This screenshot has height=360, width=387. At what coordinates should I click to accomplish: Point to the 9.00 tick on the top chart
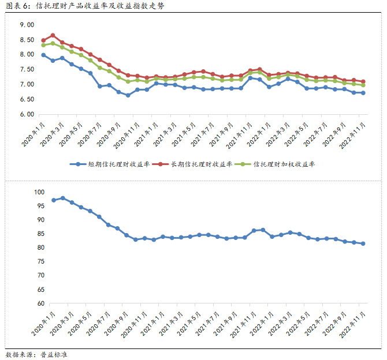click(27, 25)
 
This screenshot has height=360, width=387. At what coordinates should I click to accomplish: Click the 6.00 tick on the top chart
click(27, 114)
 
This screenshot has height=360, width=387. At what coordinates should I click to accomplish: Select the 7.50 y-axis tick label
click(27, 70)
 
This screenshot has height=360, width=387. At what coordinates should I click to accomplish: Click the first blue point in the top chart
click(43, 55)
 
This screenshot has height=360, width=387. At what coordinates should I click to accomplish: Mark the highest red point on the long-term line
click(53, 35)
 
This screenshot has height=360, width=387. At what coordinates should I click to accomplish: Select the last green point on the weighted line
click(363, 85)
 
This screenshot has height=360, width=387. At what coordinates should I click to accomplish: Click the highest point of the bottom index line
click(62, 198)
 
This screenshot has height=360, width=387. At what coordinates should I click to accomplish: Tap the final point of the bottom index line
click(363, 243)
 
